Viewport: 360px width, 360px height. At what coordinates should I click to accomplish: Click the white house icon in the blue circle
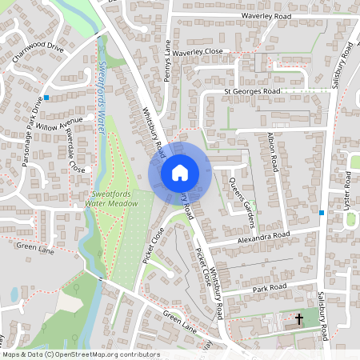pyautogui.click(x=180, y=172)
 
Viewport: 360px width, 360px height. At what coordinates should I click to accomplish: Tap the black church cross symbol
pyautogui.click(x=299, y=319)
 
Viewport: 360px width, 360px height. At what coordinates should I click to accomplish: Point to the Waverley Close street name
pyautogui.click(x=202, y=52)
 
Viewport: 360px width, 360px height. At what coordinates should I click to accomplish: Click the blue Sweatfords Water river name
pyautogui.click(x=102, y=88)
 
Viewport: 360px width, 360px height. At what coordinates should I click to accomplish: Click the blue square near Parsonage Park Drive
pyautogui.click(x=47, y=98)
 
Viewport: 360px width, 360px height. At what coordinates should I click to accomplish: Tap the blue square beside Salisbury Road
pyautogui.click(x=321, y=213)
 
